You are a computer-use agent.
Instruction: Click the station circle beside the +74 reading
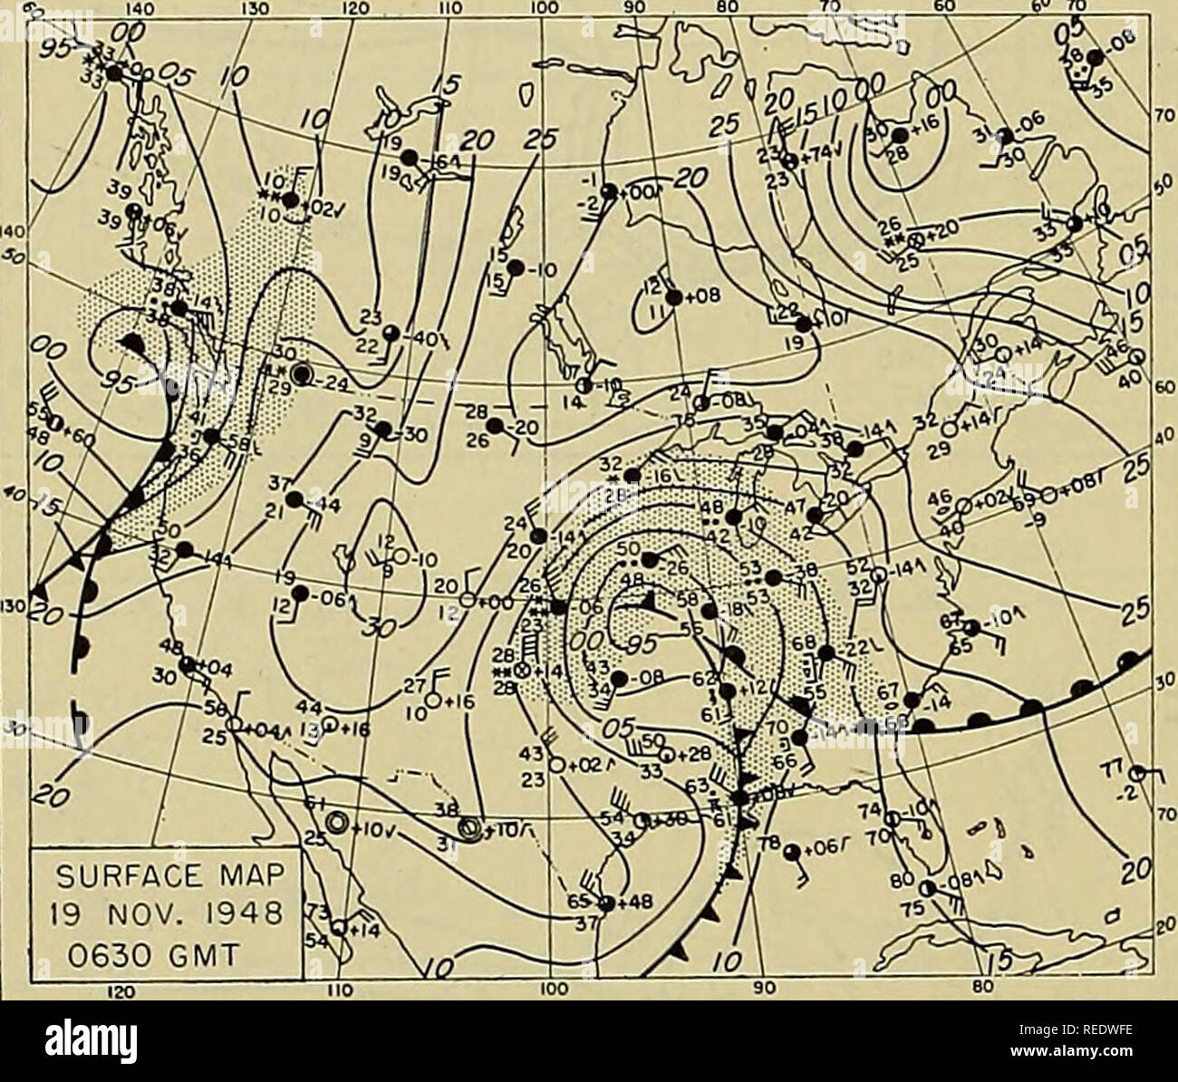tap(791, 161)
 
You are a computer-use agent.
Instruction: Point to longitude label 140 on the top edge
tap(136, 7)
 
